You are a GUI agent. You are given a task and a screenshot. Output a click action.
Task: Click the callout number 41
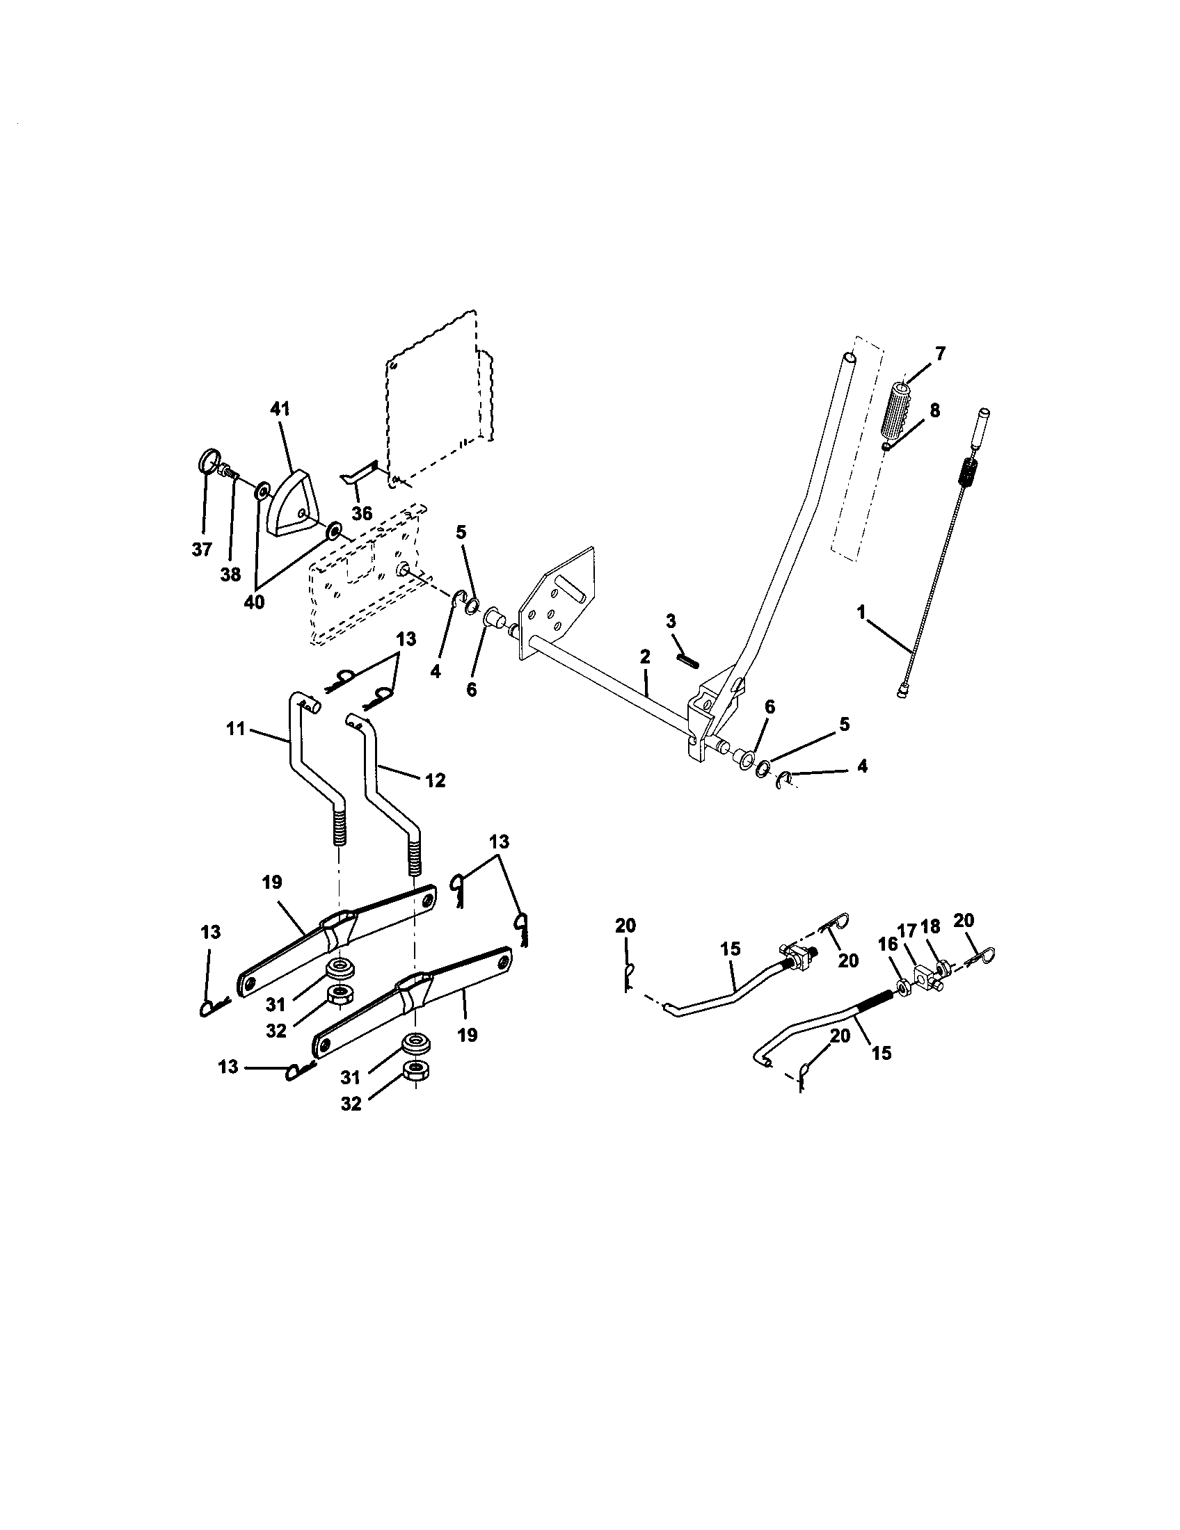280,408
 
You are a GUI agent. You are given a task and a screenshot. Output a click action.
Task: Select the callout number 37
202,549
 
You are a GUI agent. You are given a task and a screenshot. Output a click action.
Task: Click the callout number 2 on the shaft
645,657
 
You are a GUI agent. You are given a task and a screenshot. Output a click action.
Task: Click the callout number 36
362,513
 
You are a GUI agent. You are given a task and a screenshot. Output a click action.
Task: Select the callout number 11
235,729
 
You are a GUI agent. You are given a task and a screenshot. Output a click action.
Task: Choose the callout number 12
435,780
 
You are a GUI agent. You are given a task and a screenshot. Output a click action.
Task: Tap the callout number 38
230,574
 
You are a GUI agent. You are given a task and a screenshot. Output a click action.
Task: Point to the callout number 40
254,602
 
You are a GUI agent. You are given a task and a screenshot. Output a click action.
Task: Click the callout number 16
887,944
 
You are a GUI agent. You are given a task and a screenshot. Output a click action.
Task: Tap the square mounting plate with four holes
557,604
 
